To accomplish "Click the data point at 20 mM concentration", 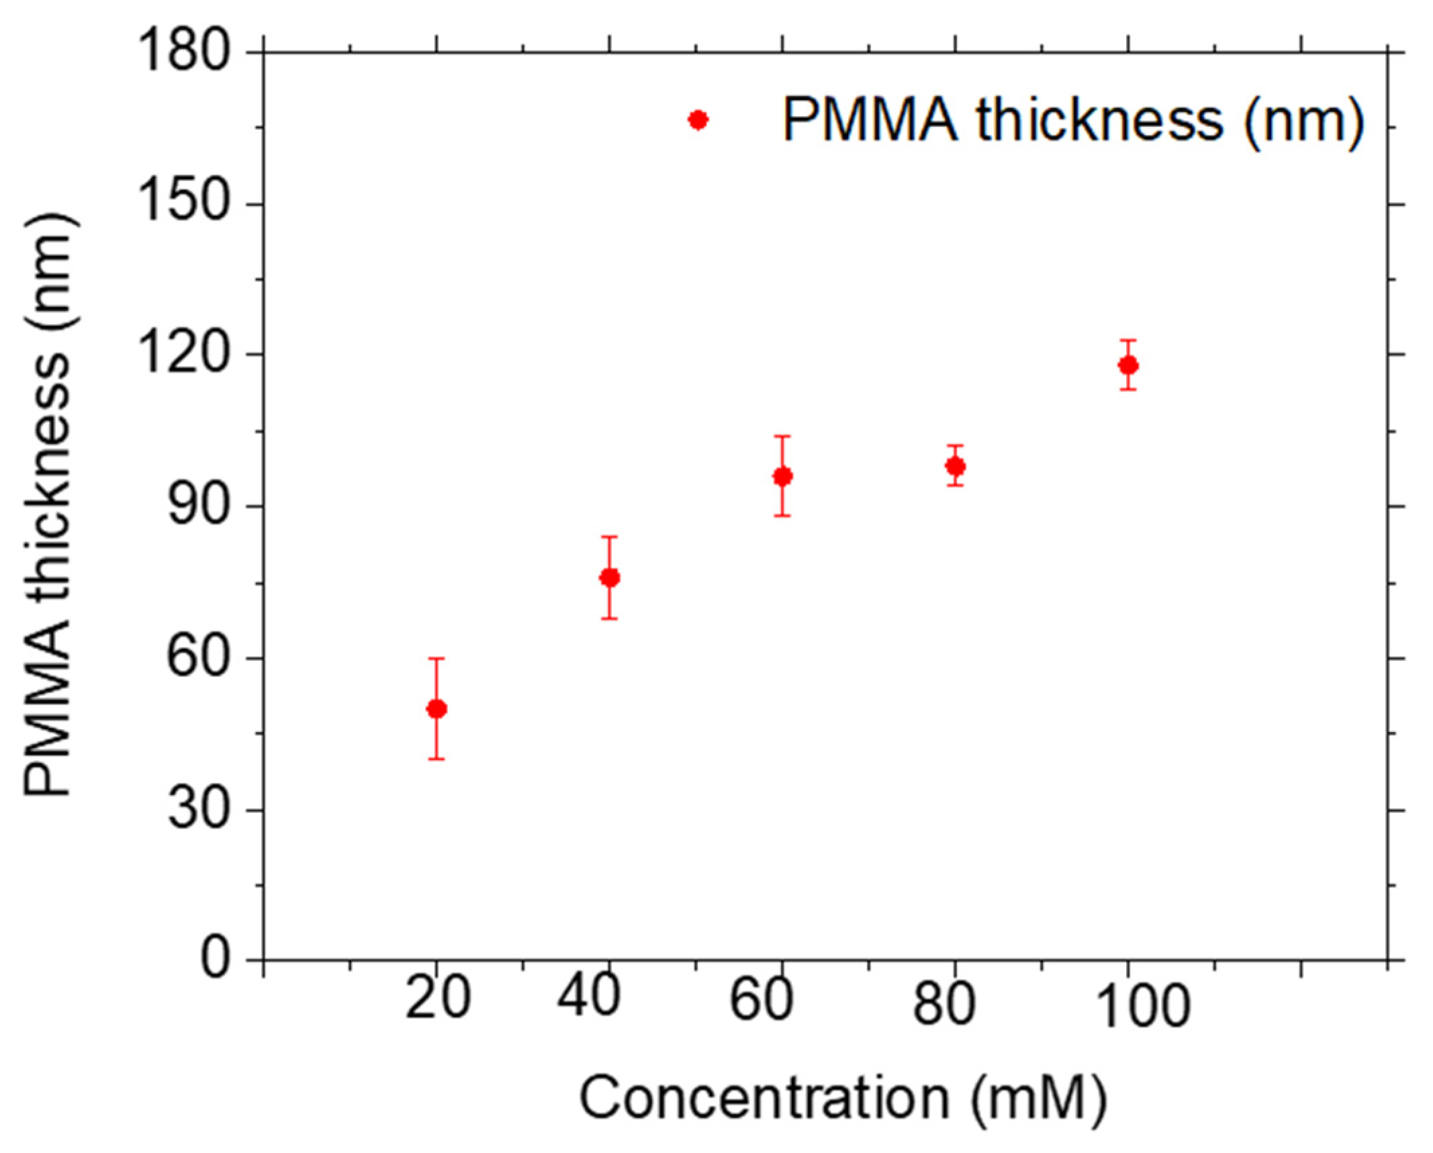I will pos(436,708).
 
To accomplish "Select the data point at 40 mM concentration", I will pos(609,578).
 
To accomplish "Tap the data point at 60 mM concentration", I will pos(782,476).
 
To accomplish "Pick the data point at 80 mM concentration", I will pos(955,466).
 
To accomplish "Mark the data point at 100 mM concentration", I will pos(1128,365).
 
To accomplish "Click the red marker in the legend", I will pos(698,120).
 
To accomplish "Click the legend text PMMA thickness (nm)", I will pos(1073,120).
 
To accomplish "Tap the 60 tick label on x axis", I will pos(761,999).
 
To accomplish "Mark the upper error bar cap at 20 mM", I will pos(436,658).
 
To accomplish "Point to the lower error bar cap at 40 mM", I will pos(609,618).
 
